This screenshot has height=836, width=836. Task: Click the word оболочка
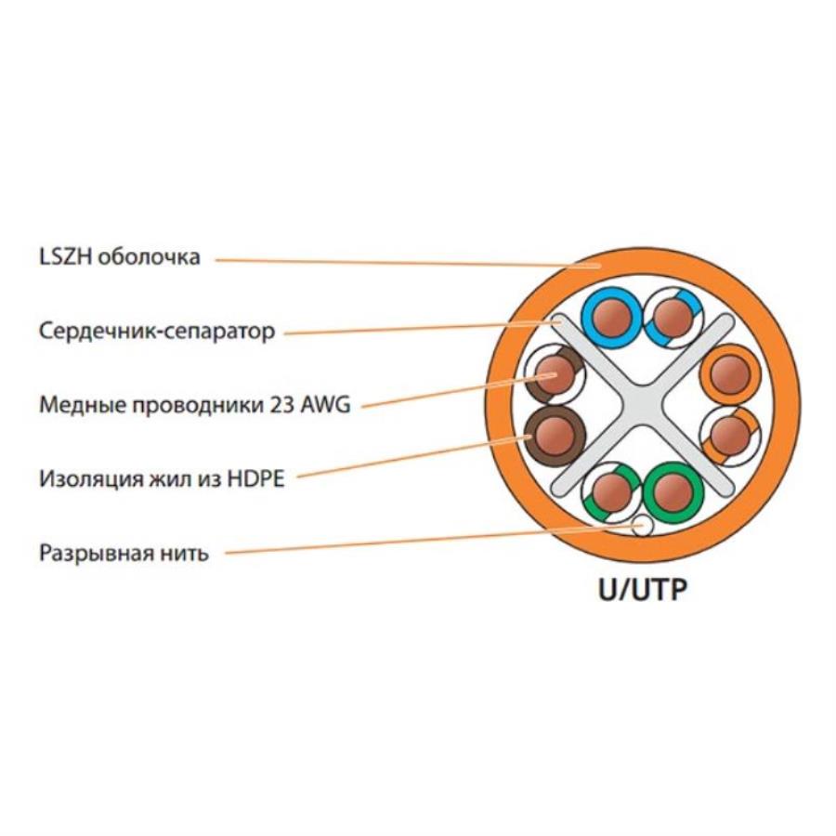click(x=150, y=257)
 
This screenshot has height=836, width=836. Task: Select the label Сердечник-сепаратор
click(x=157, y=331)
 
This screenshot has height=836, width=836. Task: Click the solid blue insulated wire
click(x=610, y=317)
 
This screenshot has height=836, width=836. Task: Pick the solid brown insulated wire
click(x=555, y=434)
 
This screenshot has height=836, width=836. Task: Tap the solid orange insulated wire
click(x=731, y=374)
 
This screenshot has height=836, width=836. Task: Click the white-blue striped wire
click(x=670, y=317)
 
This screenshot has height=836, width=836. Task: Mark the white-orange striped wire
click(x=731, y=434)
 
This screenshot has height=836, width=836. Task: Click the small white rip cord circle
click(x=642, y=527)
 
